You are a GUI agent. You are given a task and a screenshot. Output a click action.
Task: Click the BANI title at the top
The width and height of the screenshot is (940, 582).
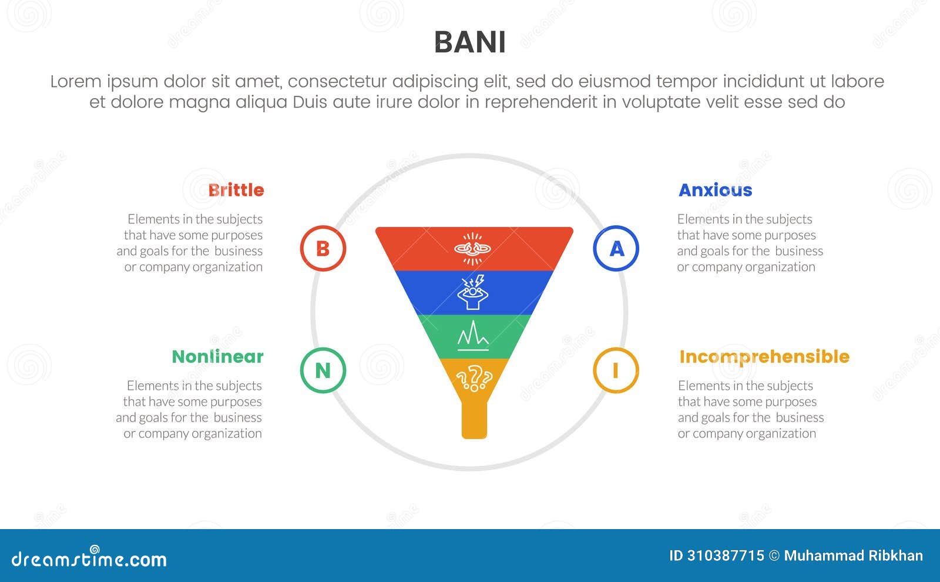click(469, 42)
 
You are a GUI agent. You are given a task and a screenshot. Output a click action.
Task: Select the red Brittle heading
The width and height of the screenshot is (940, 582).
click(236, 190)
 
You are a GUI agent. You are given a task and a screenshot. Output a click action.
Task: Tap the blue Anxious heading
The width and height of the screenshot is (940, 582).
click(715, 190)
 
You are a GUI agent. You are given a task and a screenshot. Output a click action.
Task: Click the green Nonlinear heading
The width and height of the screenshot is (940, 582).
click(217, 356)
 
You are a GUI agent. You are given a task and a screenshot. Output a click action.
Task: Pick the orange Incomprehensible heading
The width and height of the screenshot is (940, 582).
click(764, 356)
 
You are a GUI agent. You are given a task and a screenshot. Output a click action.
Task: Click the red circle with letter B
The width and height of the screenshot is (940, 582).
click(323, 248)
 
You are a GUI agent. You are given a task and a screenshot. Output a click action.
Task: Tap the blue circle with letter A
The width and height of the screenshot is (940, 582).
click(616, 248)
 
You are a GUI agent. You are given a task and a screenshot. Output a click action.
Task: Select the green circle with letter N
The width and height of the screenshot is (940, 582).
click(323, 370)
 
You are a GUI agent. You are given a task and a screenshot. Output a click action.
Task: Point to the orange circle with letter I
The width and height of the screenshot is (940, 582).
click(615, 370)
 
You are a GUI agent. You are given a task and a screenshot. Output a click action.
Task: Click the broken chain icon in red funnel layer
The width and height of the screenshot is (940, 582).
click(473, 248)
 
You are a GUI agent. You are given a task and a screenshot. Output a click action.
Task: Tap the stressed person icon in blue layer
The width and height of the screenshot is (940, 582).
click(473, 292)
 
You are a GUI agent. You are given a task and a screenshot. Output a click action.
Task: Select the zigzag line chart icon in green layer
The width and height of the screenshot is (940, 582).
click(473, 336)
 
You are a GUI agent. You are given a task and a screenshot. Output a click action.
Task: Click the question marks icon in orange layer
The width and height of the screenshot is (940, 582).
click(474, 377)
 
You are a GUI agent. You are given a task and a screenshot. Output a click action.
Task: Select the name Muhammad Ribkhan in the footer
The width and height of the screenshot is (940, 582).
click(853, 556)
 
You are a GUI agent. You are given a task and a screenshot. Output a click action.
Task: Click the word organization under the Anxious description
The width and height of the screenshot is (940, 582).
click(783, 267)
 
